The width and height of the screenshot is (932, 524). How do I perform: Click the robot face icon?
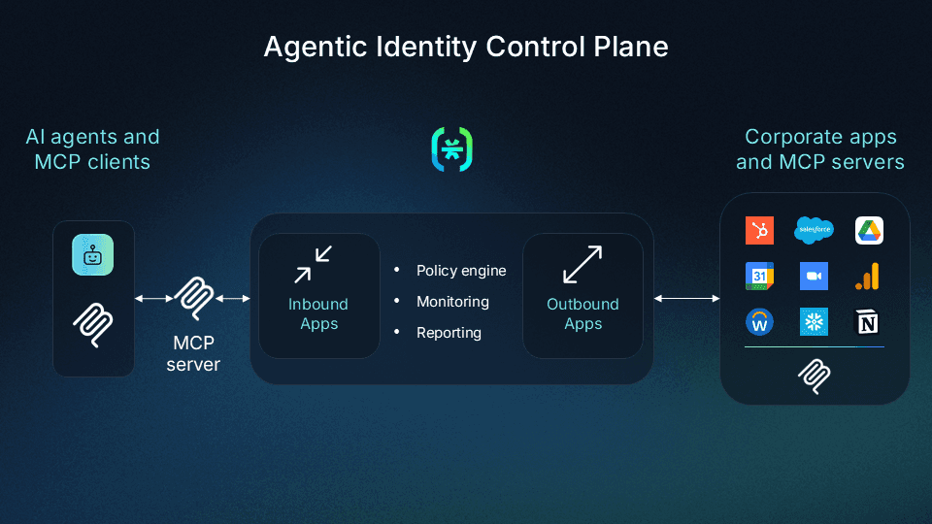pyautogui.click(x=93, y=255)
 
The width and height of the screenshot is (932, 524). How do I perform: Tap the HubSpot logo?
pyautogui.click(x=759, y=231)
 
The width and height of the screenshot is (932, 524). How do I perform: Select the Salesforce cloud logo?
pyautogui.click(x=815, y=230)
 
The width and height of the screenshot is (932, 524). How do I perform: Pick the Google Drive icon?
pyautogui.click(x=869, y=231)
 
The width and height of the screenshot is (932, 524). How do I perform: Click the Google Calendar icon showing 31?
pyautogui.click(x=759, y=277)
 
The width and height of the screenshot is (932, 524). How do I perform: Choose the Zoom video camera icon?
pyautogui.click(x=814, y=277)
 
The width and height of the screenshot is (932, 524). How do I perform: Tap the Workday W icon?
pyautogui.click(x=759, y=322)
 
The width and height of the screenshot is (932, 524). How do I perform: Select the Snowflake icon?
pyautogui.click(x=814, y=322)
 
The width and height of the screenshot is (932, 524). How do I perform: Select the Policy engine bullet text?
pyautogui.click(x=461, y=271)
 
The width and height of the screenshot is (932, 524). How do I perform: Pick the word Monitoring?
pyautogui.click(x=452, y=302)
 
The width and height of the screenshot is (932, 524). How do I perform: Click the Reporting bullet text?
pyautogui.click(x=449, y=333)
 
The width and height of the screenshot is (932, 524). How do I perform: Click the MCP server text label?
pyautogui.click(x=193, y=354)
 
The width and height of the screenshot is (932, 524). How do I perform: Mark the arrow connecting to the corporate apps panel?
pyautogui.click(x=686, y=298)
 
